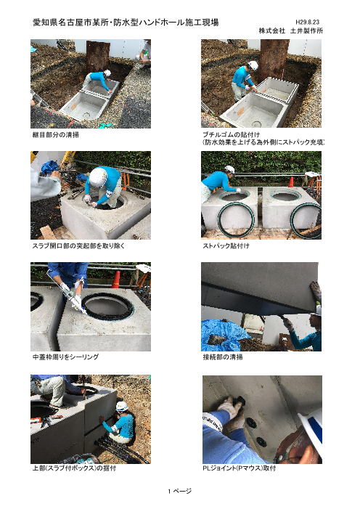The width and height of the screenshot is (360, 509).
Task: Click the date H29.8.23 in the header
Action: [307, 22]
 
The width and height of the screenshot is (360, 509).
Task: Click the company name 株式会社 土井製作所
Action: [291, 30]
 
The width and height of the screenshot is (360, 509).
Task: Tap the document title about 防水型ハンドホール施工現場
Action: [126, 23]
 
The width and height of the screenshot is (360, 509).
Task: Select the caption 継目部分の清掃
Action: [55, 135]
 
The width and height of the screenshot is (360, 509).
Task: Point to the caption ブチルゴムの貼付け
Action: [231, 134]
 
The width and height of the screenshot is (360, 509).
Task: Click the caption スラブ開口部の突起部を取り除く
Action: [78, 246]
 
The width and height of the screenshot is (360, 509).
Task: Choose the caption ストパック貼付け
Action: [226, 246]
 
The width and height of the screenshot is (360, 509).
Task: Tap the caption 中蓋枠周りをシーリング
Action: [65, 357]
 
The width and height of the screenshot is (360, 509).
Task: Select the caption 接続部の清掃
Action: [223, 357]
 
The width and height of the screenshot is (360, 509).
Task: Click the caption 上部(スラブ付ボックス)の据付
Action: [74, 468]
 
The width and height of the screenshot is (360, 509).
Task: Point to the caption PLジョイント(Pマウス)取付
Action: [240, 468]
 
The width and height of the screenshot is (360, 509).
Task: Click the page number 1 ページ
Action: [180, 491]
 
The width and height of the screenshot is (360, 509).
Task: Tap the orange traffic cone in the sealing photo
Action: [116, 280]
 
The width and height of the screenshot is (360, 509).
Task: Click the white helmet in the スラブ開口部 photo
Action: [98, 178]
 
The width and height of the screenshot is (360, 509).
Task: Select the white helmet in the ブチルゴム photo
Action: [253, 65]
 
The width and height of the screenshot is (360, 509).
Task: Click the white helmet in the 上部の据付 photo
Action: [122, 406]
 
